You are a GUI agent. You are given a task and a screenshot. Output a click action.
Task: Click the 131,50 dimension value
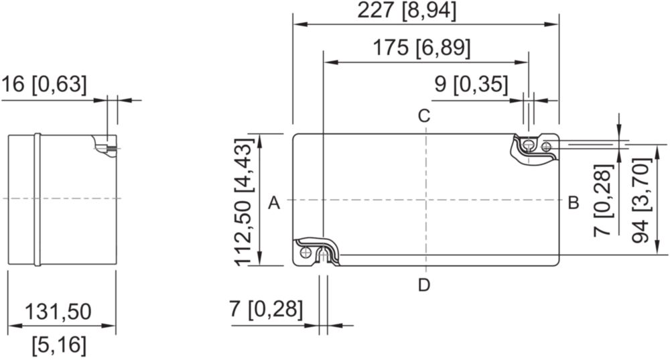(58, 312)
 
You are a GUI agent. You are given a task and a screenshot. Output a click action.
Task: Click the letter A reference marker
(274, 202)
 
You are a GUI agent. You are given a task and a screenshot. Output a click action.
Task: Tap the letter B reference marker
(574, 202)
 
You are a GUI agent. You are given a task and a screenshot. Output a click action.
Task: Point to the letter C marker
(424, 116)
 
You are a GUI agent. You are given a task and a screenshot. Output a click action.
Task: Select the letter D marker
(424, 285)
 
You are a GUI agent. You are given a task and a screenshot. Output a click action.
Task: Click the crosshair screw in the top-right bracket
(546, 147)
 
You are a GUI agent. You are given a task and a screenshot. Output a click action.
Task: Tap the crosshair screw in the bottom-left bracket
(306, 252)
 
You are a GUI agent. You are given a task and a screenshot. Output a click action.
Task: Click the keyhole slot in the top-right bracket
(529, 145)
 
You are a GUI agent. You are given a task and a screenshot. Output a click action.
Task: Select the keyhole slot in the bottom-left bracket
(324, 255)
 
